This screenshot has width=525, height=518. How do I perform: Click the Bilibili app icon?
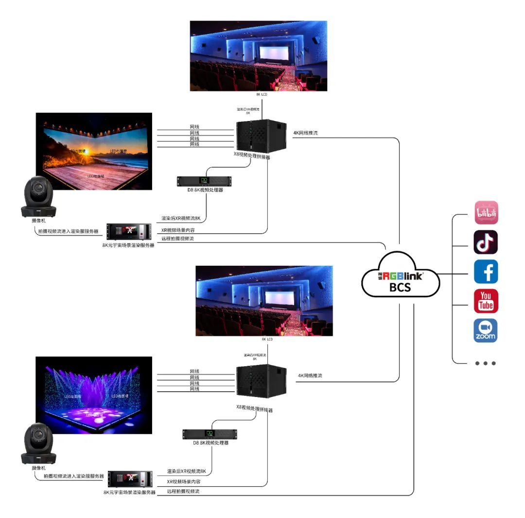(486, 213)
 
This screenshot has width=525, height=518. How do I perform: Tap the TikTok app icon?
(486, 242)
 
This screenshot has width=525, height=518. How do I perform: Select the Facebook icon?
(486, 271)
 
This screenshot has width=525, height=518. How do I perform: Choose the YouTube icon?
(486, 301)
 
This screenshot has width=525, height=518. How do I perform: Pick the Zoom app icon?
(486, 330)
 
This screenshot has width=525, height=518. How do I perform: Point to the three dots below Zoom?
(486, 363)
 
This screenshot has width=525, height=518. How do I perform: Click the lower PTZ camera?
(39, 444)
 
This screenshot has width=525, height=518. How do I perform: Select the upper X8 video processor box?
(261, 135)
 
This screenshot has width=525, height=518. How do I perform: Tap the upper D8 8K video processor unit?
(204, 181)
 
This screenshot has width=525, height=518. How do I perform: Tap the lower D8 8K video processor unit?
(210, 434)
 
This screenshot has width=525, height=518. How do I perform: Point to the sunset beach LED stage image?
(94, 151)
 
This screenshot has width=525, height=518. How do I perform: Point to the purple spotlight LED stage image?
(94, 395)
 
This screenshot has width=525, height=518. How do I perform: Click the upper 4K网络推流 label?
(305, 133)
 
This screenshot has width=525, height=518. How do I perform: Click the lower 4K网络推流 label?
(310, 376)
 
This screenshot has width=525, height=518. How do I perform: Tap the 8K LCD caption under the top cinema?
(262, 94)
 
